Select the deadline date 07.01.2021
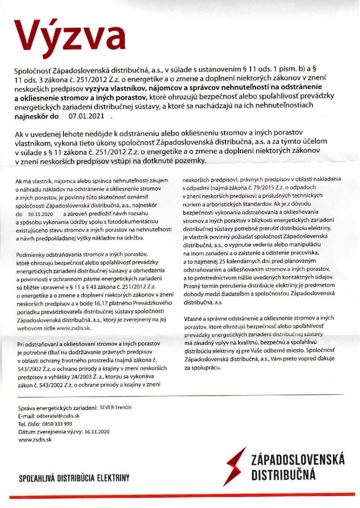pyautogui.click(x=86, y=116)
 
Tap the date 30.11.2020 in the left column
pyautogui.click(x=40, y=214)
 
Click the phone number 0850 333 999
pyautogui.click(x=58, y=424)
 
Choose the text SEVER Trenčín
pyautogui.click(x=116, y=407)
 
